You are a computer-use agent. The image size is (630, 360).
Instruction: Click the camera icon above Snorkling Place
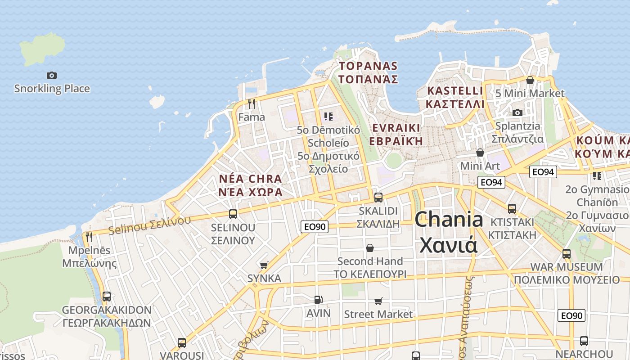(52, 75)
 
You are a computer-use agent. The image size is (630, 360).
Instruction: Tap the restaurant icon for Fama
(252, 104)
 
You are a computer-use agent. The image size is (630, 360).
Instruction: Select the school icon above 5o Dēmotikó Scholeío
(328, 117)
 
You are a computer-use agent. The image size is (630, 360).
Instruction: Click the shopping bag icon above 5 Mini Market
(530, 80)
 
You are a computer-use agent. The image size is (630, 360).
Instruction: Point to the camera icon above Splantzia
(517, 112)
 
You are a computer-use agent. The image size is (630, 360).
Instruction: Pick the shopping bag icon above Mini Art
(480, 153)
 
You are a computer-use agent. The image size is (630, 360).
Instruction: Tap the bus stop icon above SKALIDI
(378, 197)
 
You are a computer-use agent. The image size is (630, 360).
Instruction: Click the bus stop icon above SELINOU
(233, 214)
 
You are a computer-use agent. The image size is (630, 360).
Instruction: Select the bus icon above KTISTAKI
(512, 208)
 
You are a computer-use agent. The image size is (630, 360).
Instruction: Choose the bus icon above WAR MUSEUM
(567, 253)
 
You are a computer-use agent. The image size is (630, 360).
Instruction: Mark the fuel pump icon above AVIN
(318, 299)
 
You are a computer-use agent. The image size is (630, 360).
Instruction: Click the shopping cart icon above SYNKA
(264, 265)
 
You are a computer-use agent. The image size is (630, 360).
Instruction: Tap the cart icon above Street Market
(378, 301)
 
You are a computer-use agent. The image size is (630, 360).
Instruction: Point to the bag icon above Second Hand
(370, 248)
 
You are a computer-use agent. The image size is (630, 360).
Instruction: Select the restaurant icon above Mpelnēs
(89, 237)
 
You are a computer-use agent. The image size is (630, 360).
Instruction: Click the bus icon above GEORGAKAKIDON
(107, 297)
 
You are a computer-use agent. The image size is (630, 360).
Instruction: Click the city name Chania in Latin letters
(449, 220)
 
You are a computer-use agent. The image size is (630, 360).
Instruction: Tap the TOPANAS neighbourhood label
(368, 66)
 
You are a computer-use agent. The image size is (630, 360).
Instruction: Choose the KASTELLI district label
(455, 90)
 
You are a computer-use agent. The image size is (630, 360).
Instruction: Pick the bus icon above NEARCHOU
(584, 341)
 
